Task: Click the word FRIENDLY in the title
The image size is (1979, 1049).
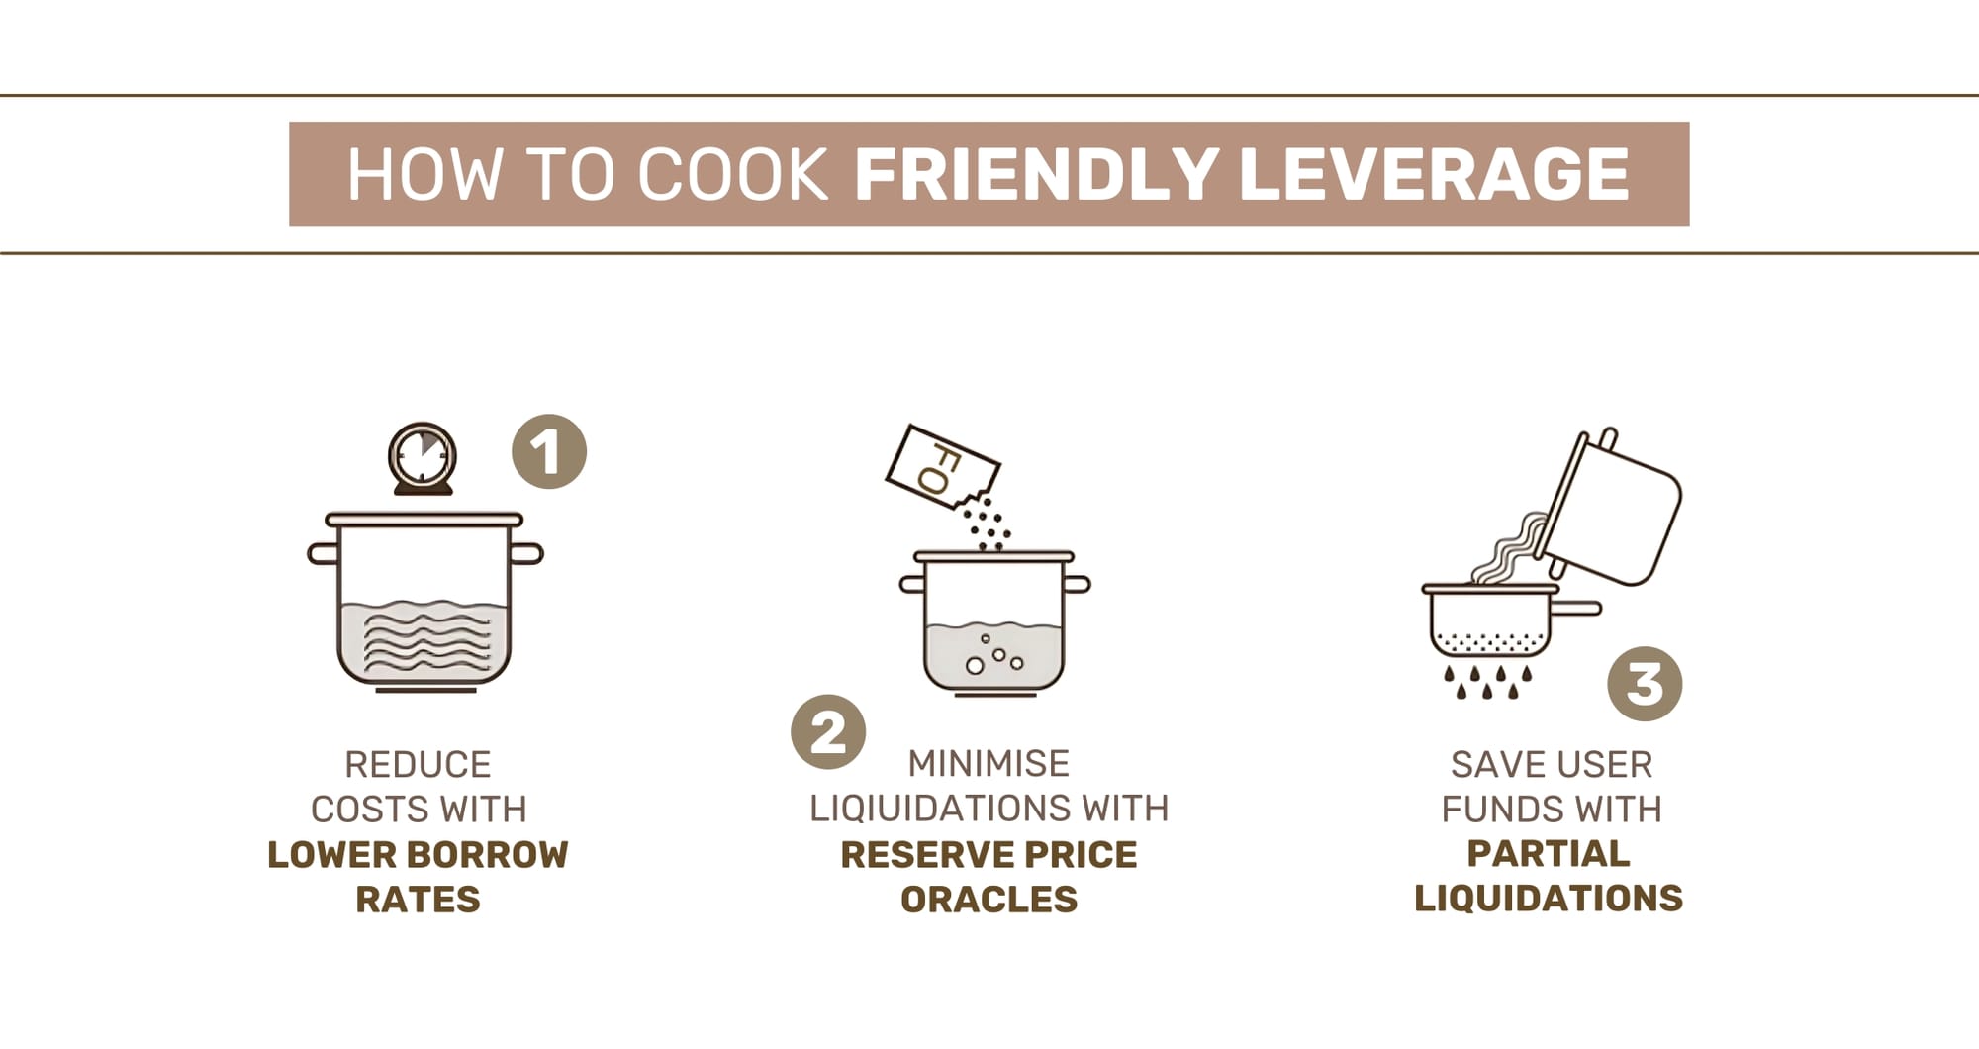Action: tap(1036, 174)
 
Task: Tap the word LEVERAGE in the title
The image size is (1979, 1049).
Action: tap(1434, 174)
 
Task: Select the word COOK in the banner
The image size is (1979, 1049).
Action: tap(732, 175)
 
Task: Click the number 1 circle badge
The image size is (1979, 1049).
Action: tap(549, 451)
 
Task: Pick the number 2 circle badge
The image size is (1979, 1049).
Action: tap(828, 732)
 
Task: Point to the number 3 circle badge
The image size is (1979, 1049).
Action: tap(1645, 684)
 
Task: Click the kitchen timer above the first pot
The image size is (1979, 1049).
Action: tap(423, 458)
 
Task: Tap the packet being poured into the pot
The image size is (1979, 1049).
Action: tap(941, 467)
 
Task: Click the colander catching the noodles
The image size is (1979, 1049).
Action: tap(1489, 620)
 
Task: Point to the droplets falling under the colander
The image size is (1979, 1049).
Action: tap(1487, 681)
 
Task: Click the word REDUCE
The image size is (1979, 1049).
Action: tap(418, 765)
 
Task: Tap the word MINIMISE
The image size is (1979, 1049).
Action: tap(989, 764)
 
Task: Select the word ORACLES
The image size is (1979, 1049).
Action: tap(989, 899)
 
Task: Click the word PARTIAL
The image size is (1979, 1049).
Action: tap(1549, 853)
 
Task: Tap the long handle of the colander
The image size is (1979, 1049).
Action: tap(1579, 608)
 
